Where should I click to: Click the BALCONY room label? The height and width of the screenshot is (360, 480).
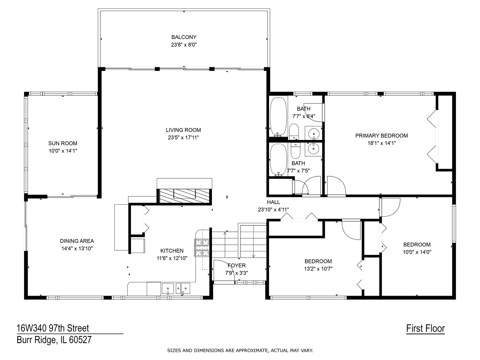184,37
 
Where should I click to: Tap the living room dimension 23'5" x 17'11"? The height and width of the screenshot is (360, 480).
183,137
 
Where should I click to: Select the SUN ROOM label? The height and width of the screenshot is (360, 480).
63,143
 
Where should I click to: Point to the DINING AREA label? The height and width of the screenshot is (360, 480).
77,241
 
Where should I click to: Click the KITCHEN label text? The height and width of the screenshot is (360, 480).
172,251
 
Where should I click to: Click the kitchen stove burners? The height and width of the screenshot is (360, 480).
202,248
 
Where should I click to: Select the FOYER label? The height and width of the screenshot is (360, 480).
237,265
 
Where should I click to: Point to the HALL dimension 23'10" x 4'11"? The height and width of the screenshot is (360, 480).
273,210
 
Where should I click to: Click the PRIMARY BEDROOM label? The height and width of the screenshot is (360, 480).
381,136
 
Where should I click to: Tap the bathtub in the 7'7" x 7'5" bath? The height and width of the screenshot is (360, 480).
278,159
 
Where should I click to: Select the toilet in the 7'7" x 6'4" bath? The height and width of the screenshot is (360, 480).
294,132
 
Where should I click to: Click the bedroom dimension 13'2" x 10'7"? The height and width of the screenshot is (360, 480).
318,269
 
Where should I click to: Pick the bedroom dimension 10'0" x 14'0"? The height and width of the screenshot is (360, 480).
417,252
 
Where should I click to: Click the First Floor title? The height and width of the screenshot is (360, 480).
425,329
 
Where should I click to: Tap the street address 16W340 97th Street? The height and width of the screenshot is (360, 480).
53,328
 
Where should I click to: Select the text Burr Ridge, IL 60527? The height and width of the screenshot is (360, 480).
54,340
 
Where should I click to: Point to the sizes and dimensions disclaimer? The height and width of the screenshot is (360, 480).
240,350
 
